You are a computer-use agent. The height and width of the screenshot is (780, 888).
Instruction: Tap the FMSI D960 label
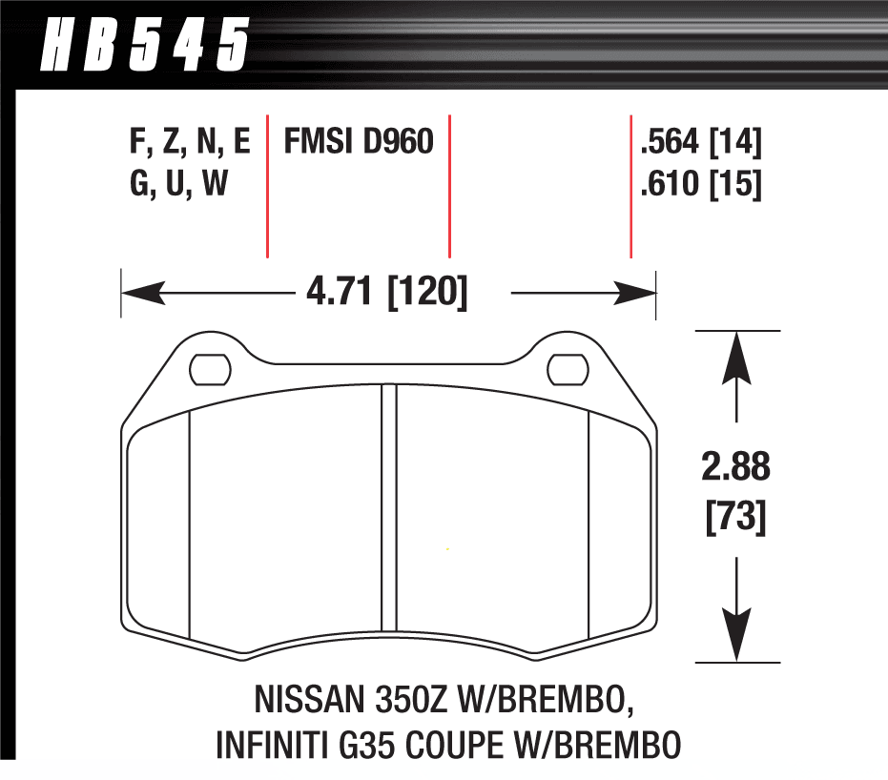click(358, 143)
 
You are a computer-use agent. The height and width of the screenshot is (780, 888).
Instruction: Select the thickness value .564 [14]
click(701, 143)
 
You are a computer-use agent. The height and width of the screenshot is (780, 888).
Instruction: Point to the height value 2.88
click(735, 468)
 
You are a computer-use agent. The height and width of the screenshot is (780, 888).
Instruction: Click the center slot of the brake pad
click(388, 510)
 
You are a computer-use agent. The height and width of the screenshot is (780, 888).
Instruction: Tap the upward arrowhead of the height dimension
click(735, 353)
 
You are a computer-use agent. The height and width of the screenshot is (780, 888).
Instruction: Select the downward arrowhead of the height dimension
click(735, 637)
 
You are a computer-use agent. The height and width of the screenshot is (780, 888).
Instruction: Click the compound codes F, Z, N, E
click(189, 143)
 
